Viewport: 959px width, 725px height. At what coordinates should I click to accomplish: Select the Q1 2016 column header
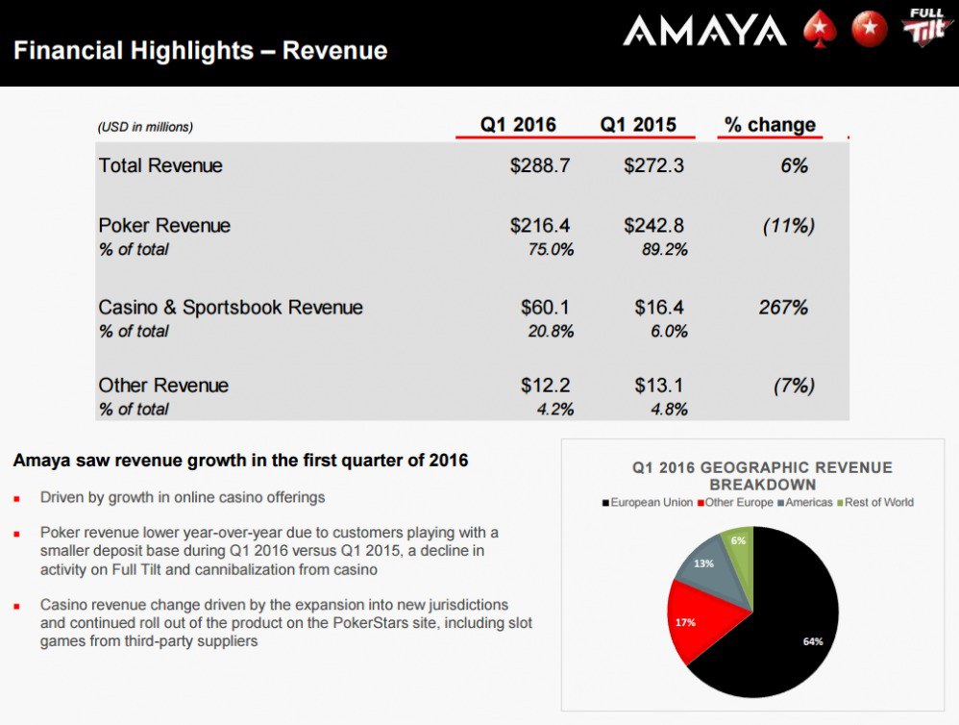pos(518,125)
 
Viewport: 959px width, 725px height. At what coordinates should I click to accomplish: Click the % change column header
pos(770,125)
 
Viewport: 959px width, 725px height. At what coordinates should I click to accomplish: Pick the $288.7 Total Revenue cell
pos(540,165)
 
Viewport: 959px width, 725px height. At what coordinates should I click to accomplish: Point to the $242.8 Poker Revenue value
pos(653,226)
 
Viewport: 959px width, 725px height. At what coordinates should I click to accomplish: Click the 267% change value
pos(783,308)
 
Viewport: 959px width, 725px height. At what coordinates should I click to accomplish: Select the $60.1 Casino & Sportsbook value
pos(546,308)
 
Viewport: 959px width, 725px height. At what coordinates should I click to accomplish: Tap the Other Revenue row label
pos(163,386)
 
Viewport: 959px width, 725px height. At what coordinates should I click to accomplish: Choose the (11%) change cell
pos(788,226)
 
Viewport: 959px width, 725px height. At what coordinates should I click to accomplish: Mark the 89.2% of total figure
pos(664,250)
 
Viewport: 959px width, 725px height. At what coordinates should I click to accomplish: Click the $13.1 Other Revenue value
pos(658,386)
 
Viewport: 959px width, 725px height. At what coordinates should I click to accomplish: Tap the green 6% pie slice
pos(738,544)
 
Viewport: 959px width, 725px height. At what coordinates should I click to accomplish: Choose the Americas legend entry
pos(807,502)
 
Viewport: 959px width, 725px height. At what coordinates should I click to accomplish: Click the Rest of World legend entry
pos(876,502)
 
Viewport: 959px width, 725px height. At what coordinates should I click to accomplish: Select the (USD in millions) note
pos(145,127)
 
